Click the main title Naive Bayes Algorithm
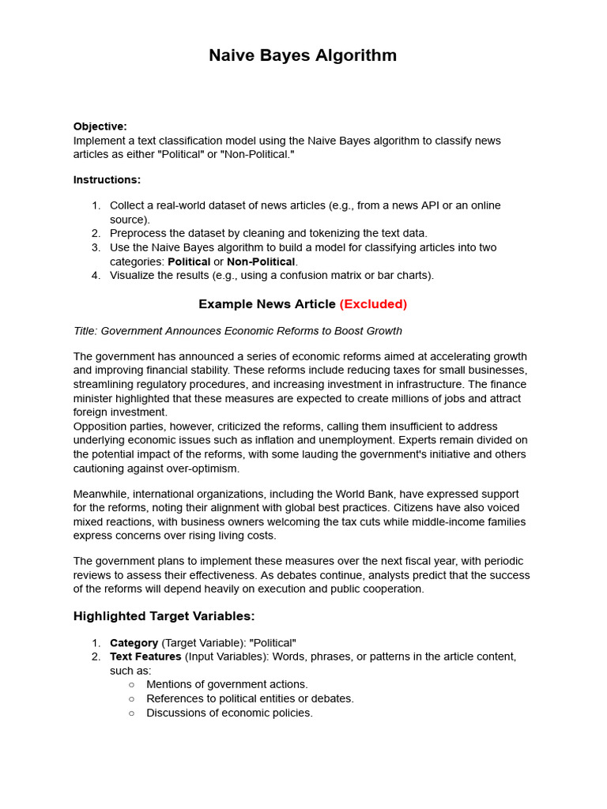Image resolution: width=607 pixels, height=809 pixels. [x=303, y=55]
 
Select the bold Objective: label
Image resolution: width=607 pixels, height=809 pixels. [x=100, y=126]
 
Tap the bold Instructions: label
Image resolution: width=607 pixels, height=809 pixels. [x=107, y=179]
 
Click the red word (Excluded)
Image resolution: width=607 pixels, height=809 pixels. [x=373, y=304]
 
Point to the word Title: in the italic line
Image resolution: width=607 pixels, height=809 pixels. [x=85, y=331]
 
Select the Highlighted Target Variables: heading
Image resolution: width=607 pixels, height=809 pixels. [x=164, y=616]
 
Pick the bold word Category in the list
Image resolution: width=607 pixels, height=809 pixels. [x=134, y=643]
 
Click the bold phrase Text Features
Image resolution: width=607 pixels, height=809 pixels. [x=145, y=657]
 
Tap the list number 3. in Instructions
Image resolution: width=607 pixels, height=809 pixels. [x=96, y=247]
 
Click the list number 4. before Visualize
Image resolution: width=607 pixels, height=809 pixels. [x=96, y=276]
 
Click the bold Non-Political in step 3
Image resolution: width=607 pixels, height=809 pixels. [x=261, y=262]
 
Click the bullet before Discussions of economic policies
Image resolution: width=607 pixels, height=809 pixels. [x=132, y=713]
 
